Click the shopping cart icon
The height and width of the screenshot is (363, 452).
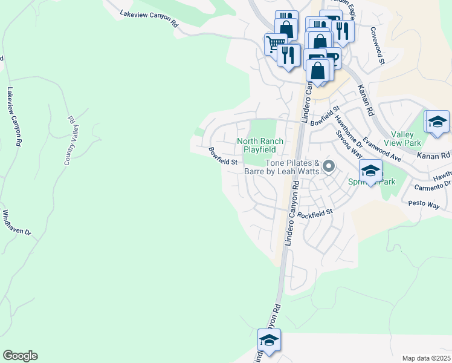click(x=275, y=43)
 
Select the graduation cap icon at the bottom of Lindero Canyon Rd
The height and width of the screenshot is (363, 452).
click(x=269, y=340)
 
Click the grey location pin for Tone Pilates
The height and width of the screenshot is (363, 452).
click(x=329, y=166)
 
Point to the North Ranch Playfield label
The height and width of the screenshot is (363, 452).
click(x=260, y=145)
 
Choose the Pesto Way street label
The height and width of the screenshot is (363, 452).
click(x=424, y=204)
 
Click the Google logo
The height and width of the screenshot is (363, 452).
click(x=20, y=356)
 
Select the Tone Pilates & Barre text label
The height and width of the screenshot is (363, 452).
click(x=293, y=167)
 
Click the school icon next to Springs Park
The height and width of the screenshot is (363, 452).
click(x=370, y=171)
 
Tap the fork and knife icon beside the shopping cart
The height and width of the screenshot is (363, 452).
click(x=289, y=55)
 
